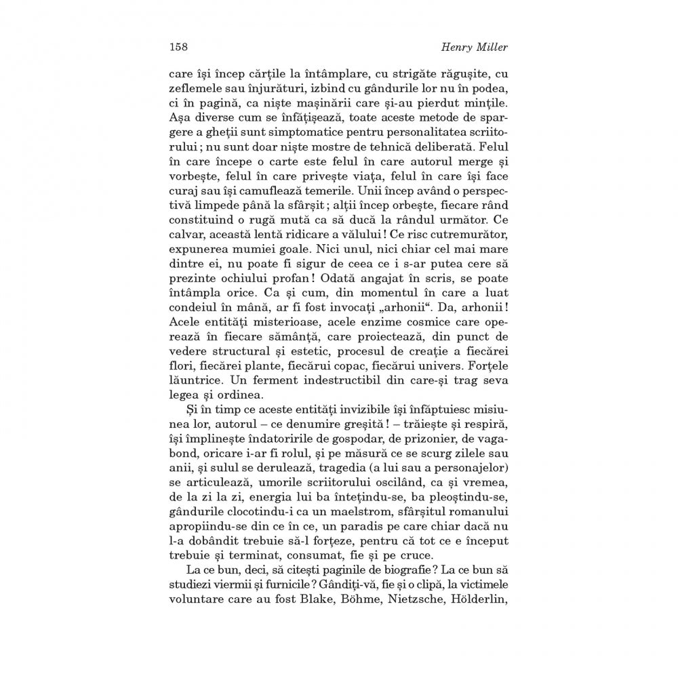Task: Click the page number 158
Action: pyautogui.click(x=178, y=47)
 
